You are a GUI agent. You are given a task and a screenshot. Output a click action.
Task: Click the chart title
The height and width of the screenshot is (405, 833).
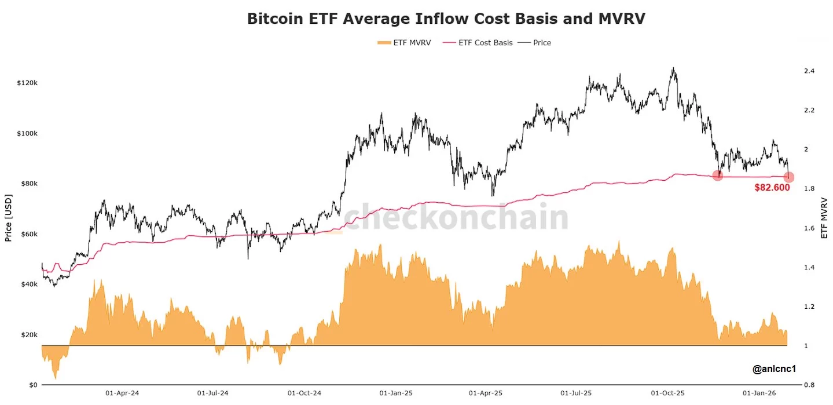(x=446, y=19)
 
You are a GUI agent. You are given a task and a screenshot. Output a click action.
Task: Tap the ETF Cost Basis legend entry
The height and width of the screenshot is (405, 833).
(x=478, y=43)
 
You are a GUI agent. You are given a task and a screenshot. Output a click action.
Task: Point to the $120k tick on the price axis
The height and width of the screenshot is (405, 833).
(x=27, y=83)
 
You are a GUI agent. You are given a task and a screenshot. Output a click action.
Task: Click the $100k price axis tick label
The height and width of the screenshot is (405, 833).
(x=27, y=133)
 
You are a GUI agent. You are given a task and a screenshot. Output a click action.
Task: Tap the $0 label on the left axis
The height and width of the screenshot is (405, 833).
(x=33, y=385)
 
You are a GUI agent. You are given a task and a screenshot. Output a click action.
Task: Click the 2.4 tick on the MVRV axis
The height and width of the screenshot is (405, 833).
(x=809, y=71)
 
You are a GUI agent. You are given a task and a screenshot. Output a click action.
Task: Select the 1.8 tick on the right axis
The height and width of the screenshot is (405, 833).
(x=809, y=189)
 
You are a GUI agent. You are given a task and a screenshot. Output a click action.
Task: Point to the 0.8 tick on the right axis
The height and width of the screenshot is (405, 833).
(x=809, y=385)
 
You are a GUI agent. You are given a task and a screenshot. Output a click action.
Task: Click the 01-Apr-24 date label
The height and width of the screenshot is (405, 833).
(x=122, y=393)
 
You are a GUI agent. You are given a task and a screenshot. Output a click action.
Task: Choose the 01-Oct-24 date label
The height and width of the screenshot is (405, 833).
(x=304, y=393)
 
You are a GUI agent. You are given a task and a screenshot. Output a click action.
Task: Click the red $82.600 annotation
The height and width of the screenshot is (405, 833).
(x=772, y=188)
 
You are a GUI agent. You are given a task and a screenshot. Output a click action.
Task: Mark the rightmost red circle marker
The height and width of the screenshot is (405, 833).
(x=790, y=177)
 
